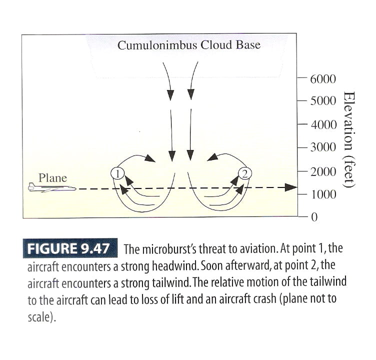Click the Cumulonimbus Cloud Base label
pos(188,45)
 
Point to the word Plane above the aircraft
pos(52,177)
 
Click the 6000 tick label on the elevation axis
pos(323,79)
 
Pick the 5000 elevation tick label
pos(323,101)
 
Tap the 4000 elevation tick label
pos(323,124)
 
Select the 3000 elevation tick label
pos(323,147)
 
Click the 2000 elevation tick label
pos(323,171)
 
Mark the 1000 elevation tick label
pos(323,194)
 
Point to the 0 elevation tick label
pos(314,217)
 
